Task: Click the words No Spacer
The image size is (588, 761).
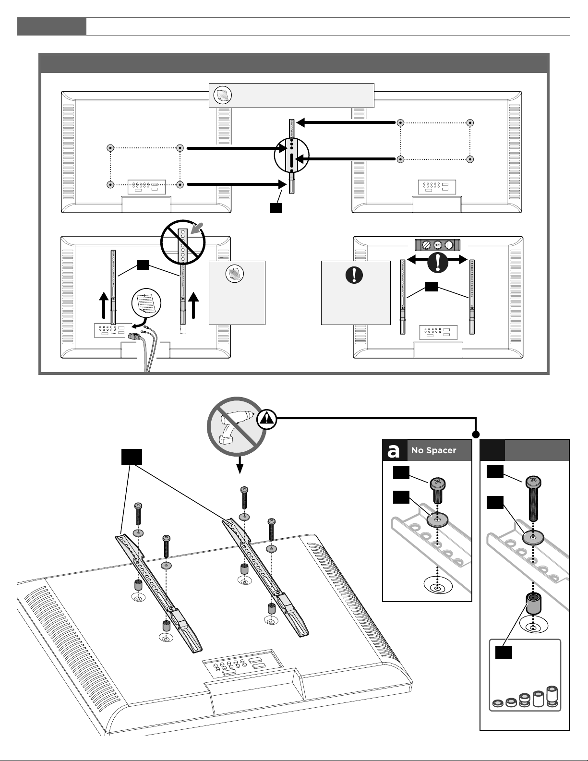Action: point(433,450)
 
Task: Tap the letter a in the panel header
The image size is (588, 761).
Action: point(394,451)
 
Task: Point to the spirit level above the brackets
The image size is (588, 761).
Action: point(437,244)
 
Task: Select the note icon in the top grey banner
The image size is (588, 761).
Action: point(222,95)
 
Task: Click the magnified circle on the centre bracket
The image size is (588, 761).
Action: point(291,155)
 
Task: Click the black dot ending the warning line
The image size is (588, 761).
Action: point(476,435)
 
